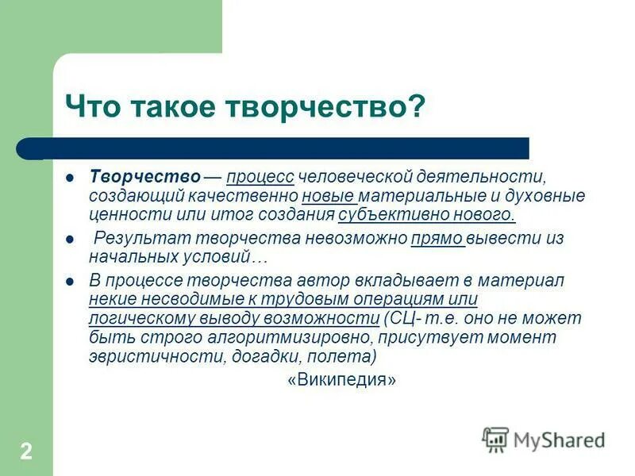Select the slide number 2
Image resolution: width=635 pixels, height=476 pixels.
(26, 452)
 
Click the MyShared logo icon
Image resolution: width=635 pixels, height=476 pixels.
(495, 440)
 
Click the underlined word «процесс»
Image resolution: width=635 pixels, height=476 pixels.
(260, 176)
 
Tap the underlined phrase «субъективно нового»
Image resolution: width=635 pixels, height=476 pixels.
(426, 214)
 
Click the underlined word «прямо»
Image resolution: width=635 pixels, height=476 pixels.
(437, 239)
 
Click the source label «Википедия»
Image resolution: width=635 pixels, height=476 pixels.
(341, 380)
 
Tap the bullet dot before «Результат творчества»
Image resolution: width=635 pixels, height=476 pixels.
(70, 239)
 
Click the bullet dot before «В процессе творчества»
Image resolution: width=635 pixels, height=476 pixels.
(70, 282)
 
